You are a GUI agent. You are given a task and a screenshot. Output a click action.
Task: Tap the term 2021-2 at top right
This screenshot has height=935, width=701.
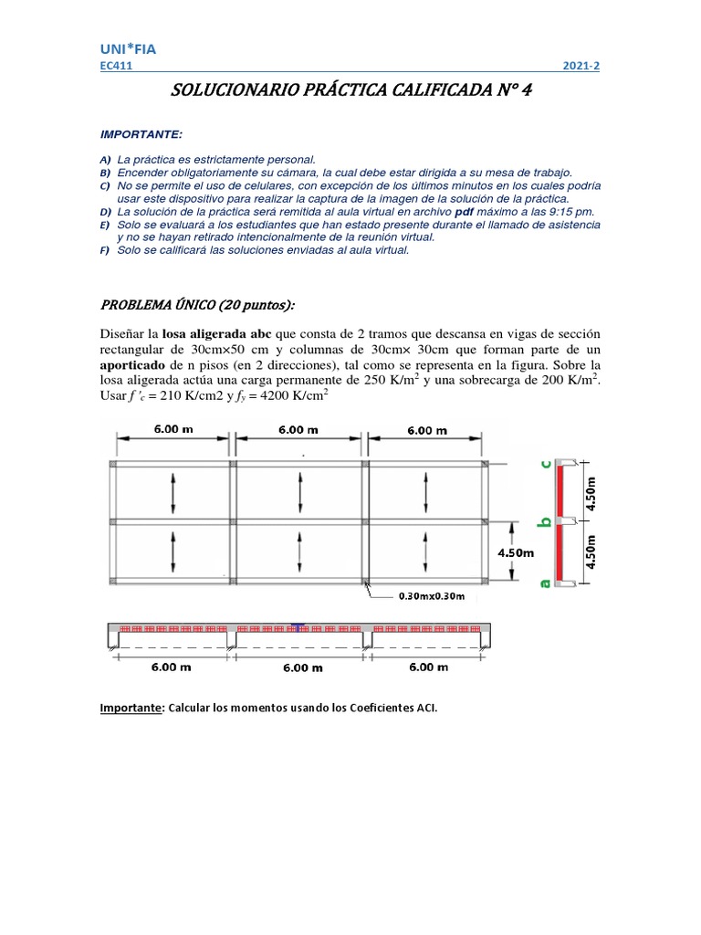click(x=581, y=67)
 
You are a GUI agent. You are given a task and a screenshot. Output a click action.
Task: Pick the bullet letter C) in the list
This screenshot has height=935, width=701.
click(x=104, y=185)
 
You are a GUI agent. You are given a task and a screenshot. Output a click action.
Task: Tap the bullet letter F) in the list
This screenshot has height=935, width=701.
click(x=104, y=250)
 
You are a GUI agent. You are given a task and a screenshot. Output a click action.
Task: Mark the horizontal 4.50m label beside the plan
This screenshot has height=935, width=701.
click(x=515, y=552)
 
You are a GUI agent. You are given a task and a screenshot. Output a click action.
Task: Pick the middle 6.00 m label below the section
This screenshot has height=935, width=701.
click(x=303, y=667)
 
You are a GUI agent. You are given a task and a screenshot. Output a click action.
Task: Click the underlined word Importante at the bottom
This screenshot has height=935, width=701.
click(x=129, y=707)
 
